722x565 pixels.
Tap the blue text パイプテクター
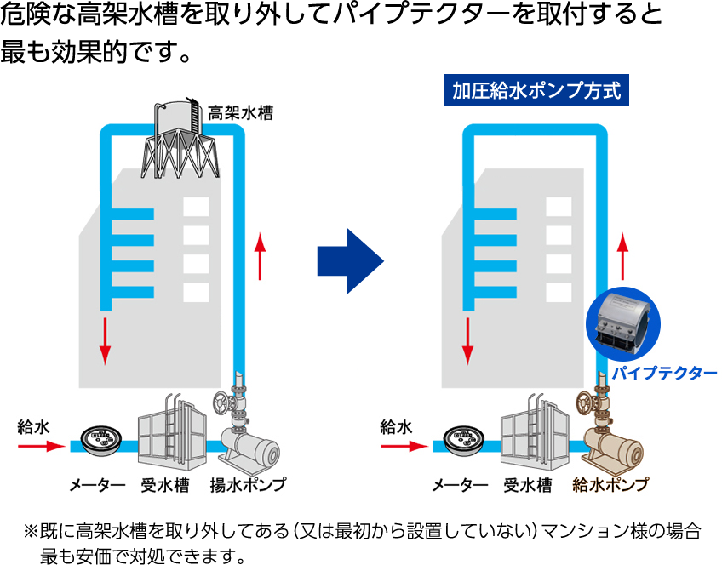[665, 373]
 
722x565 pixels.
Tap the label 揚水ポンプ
[248, 485]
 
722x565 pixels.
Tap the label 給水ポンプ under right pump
[610, 485]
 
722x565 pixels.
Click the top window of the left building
[196, 207]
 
